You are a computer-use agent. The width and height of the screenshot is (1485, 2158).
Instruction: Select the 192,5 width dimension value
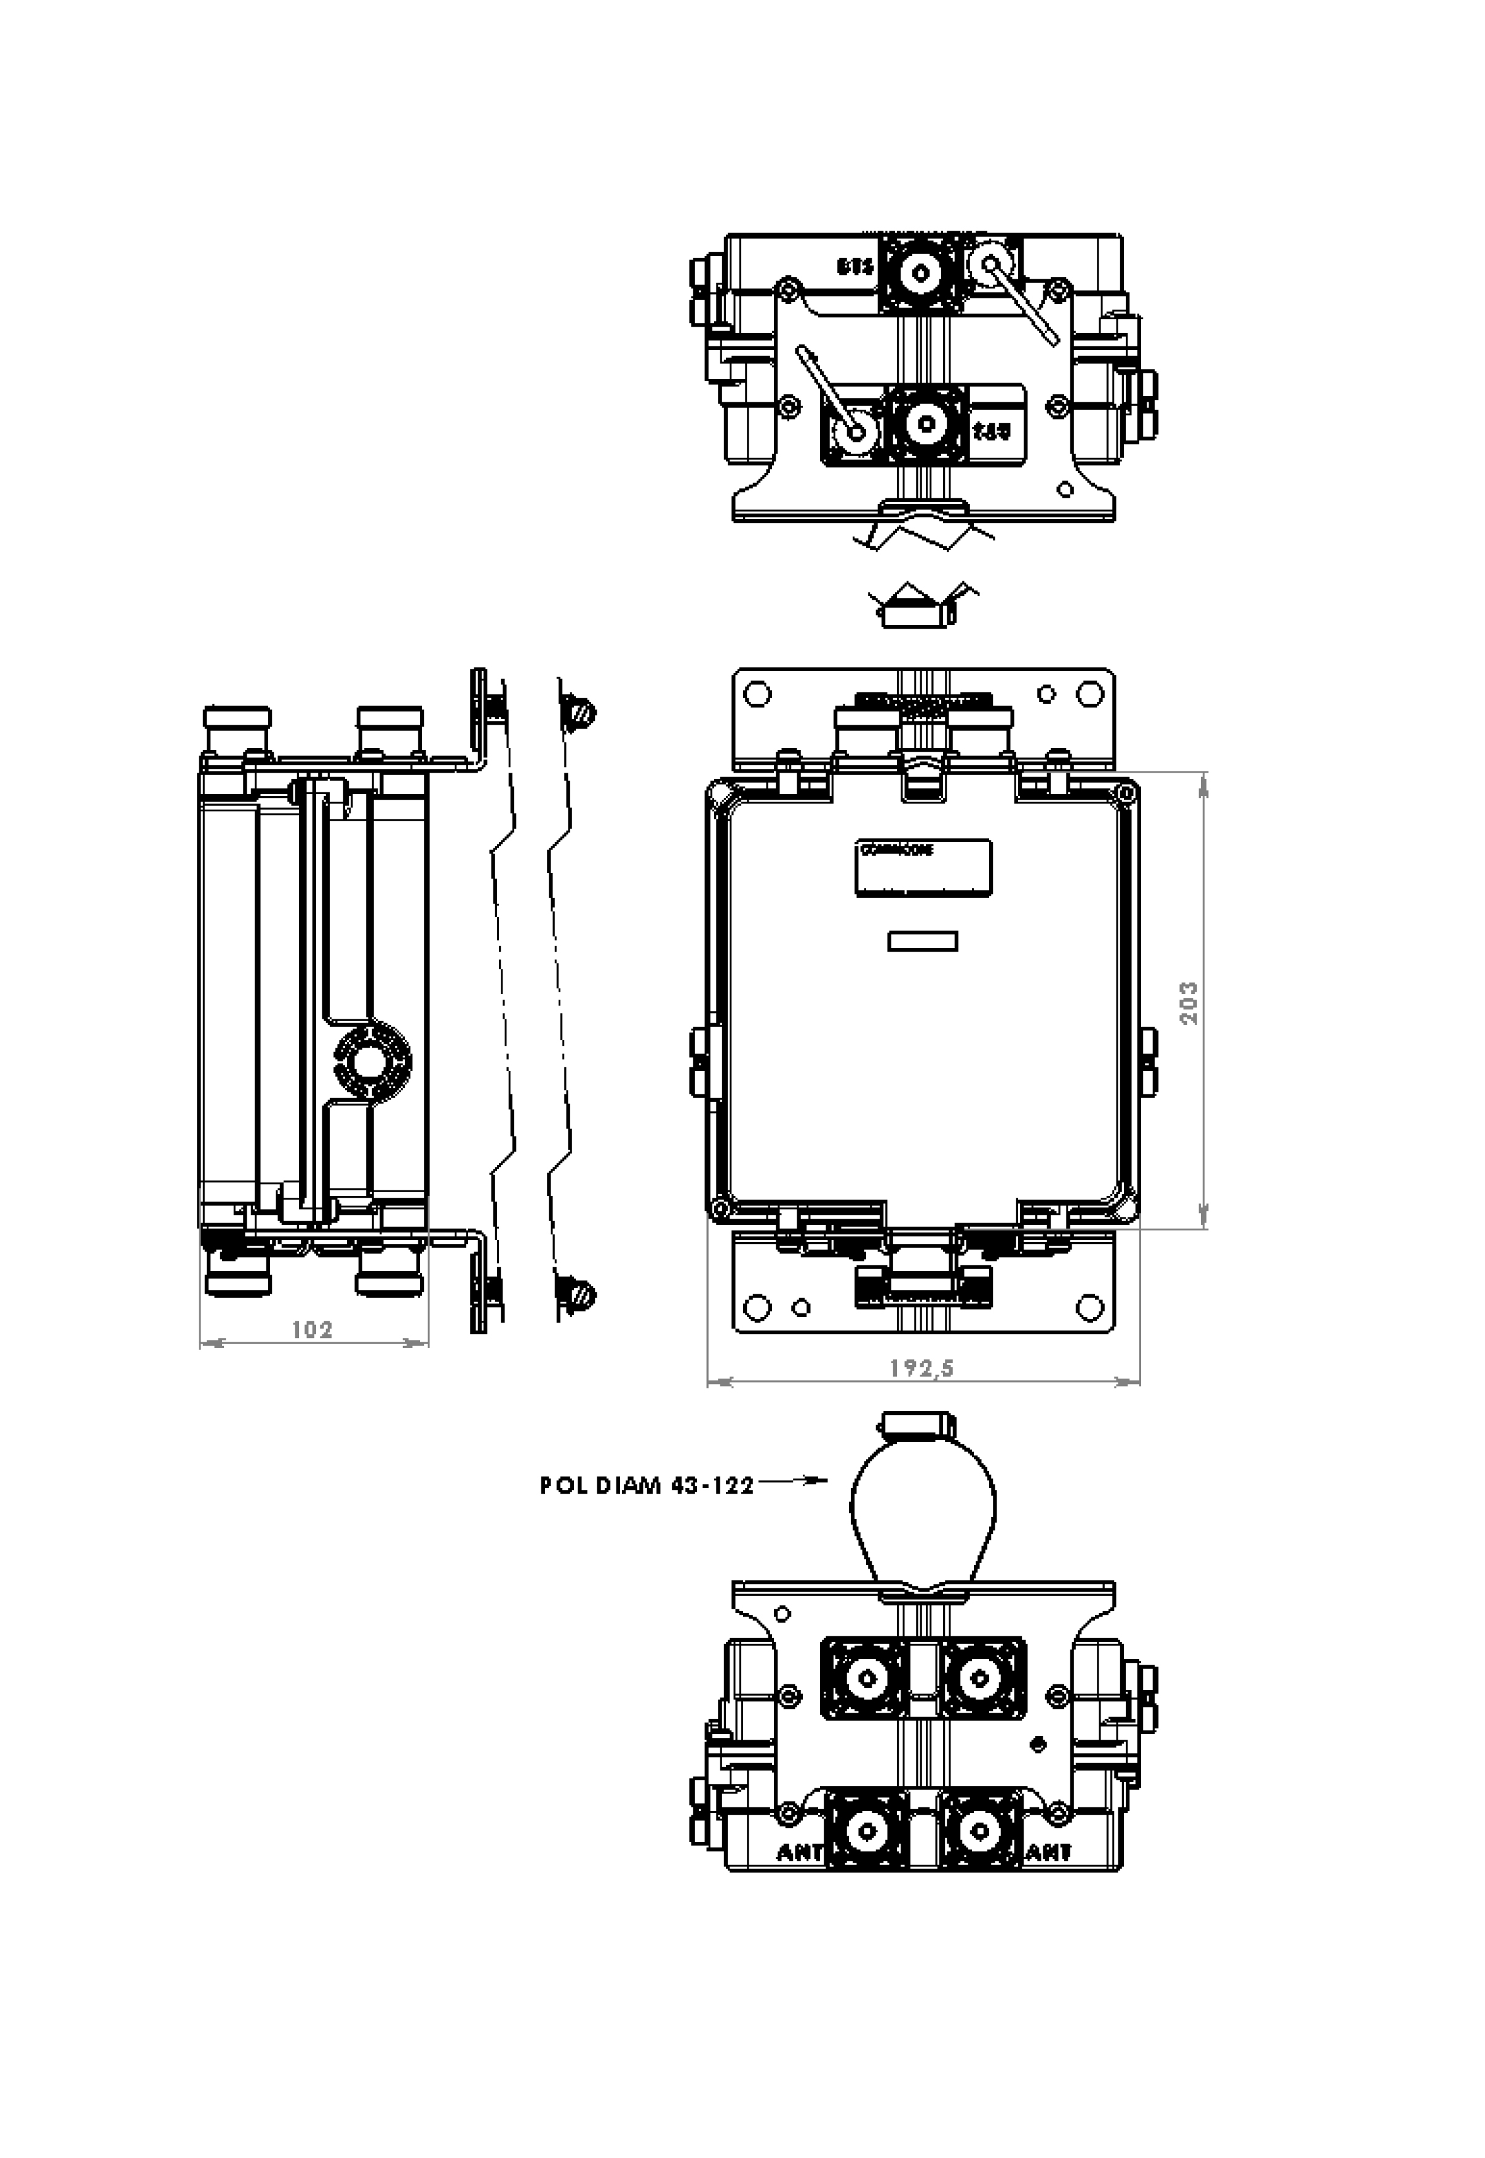pyautogui.click(x=921, y=1368)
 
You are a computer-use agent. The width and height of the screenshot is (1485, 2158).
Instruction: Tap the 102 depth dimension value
pyautogui.click(x=313, y=1329)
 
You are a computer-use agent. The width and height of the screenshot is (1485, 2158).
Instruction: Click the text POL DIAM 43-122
pyautogui.click(x=647, y=1486)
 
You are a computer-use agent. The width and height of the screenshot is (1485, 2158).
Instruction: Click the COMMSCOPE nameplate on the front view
pyautogui.click(x=923, y=867)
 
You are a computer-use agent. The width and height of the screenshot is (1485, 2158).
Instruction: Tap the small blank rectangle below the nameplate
pyautogui.click(x=923, y=941)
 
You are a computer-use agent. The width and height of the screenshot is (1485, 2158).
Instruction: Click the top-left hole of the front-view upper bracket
pyautogui.click(x=758, y=694)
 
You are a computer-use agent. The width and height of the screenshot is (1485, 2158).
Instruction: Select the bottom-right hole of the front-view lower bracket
pyautogui.click(x=1089, y=1307)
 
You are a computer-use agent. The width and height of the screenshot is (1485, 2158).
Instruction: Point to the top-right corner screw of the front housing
pyautogui.click(x=1128, y=794)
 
